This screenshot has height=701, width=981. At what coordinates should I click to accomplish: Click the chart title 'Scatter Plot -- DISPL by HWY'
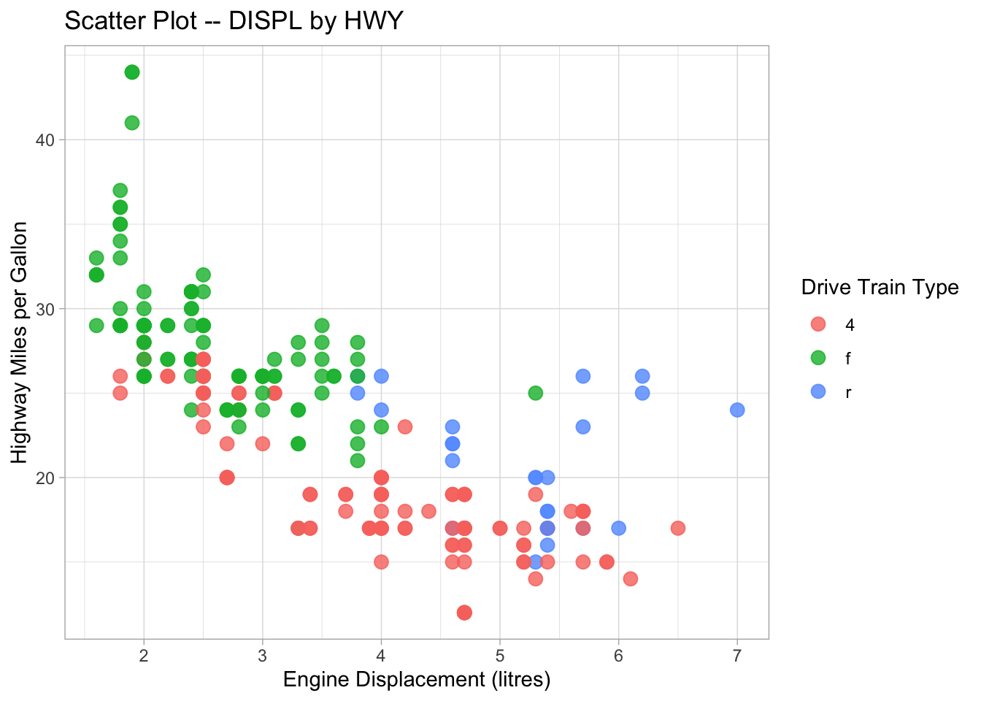click(x=234, y=20)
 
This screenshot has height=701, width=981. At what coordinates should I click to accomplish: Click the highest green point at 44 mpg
click(x=132, y=72)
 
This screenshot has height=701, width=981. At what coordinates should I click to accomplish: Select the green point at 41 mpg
click(x=132, y=123)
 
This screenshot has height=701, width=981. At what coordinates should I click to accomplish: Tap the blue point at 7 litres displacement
click(x=737, y=410)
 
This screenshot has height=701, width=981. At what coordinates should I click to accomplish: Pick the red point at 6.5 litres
click(x=678, y=528)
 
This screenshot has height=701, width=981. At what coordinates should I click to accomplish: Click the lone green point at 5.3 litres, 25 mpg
click(x=536, y=393)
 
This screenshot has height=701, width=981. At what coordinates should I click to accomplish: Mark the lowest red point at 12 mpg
click(x=464, y=612)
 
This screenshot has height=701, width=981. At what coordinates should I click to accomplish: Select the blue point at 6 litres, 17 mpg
click(x=618, y=528)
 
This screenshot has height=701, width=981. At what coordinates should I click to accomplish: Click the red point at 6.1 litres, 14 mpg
click(x=631, y=578)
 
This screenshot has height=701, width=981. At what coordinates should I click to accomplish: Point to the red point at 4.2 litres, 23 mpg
click(x=405, y=426)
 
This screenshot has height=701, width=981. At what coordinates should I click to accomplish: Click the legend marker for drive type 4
click(x=818, y=324)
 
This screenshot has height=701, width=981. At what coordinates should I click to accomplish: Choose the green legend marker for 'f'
click(x=818, y=358)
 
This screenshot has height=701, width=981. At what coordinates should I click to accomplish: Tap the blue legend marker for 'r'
click(x=818, y=391)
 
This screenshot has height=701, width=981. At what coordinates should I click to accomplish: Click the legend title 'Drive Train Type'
click(x=880, y=287)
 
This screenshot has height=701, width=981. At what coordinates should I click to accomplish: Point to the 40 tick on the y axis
click(x=45, y=139)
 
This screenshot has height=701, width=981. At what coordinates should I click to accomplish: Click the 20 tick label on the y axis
click(x=45, y=478)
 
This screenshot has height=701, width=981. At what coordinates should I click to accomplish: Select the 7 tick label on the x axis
click(x=737, y=656)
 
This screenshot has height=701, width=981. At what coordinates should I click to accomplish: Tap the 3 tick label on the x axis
click(x=263, y=656)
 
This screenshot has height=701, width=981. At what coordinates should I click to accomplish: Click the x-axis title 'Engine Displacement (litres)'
click(x=416, y=680)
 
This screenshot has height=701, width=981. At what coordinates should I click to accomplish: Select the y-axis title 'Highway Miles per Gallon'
click(x=20, y=342)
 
